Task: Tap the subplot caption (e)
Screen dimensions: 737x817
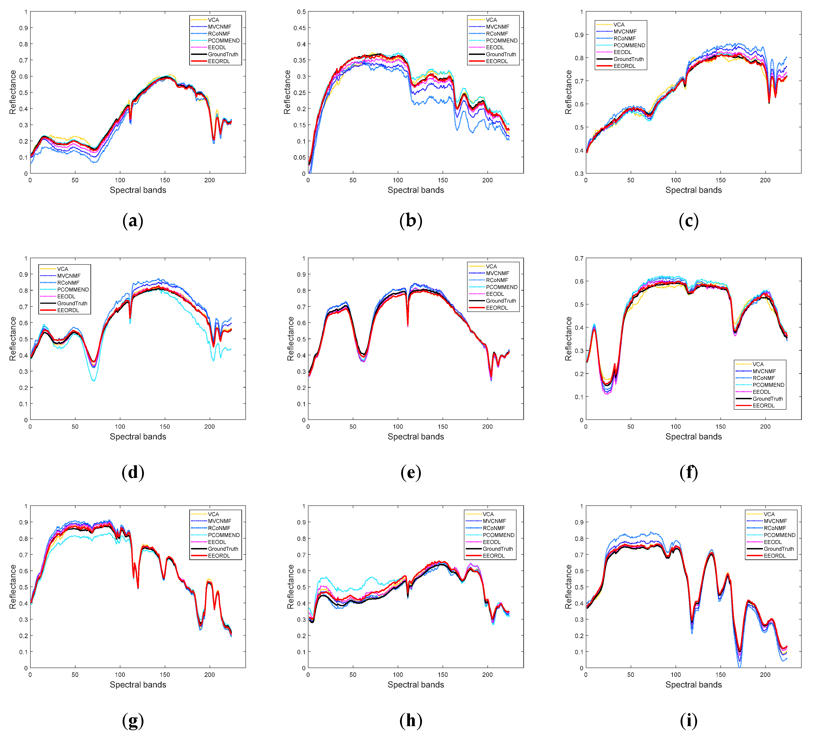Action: coord(411,472)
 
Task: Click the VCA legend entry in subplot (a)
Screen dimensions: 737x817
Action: coord(213,20)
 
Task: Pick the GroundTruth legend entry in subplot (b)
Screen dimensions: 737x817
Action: coord(501,54)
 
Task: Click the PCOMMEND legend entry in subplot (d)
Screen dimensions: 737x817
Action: coord(73,289)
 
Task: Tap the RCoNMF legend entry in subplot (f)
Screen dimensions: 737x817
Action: coord(763,378)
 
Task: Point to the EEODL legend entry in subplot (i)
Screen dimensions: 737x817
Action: coord(773,542)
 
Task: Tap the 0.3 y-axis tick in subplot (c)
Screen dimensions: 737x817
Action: coord(579,173)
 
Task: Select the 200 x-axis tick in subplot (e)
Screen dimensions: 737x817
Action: coord(487,426)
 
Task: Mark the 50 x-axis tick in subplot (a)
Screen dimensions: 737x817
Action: coord(75,180)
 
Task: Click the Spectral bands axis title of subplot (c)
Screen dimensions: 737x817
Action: coord(693,190)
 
